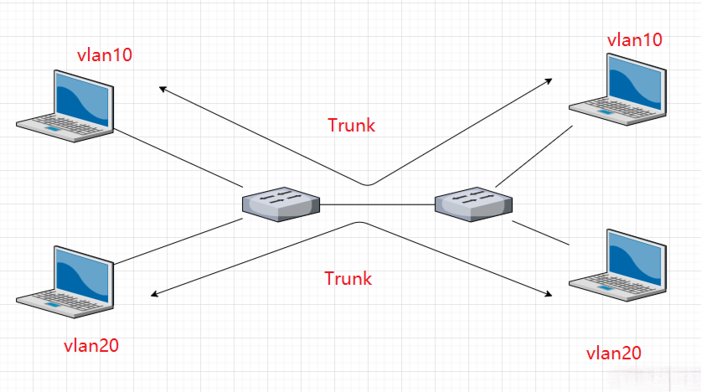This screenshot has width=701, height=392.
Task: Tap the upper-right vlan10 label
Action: pyautogui.click(x=634, y=39)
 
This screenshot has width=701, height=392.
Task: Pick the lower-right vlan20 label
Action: pyautogui.click(x=613, y=353)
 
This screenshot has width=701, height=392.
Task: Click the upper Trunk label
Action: pyautogui.click(x=351, y=126)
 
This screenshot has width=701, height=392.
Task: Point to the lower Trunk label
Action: pyautogui.click(x=348, y=278)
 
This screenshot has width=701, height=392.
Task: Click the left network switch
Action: pyautogui.click(x=281, y=204)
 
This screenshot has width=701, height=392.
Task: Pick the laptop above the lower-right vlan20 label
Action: pyautogui.click(x=618, y=266)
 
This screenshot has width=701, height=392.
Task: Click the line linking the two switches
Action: pyautogui.click(x=377, y=204)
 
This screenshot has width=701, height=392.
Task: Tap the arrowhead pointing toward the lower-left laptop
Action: pyautogui.click(x=154, y=294)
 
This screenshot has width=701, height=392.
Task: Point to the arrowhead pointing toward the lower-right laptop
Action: pyautogui.click(x=549, y=294)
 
